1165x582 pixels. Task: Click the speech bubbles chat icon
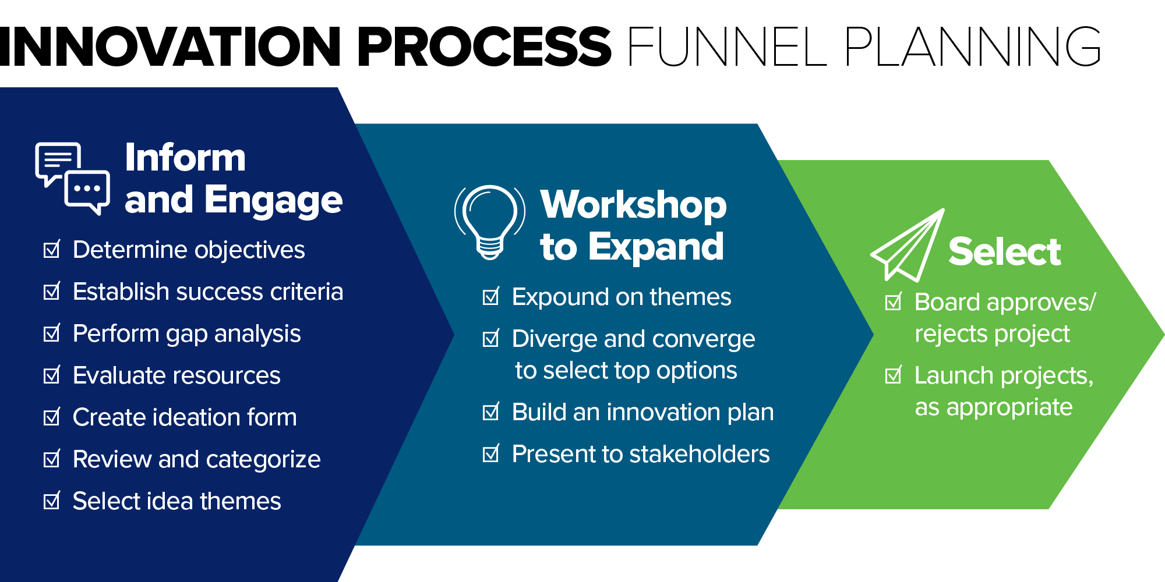point(72,178)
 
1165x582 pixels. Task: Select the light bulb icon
point(490,221)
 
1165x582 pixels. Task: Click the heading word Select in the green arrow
point(1004,251)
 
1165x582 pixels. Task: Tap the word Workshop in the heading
point(633,205)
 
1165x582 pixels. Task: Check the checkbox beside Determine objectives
point(52,250)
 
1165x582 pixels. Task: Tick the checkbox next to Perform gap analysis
point(52,333)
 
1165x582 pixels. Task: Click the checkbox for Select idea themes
point(52,501)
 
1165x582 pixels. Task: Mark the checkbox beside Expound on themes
point(491,297)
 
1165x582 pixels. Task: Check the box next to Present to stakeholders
point(491,454)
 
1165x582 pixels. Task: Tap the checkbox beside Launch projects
point(893,375)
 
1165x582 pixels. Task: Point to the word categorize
point(263,460)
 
